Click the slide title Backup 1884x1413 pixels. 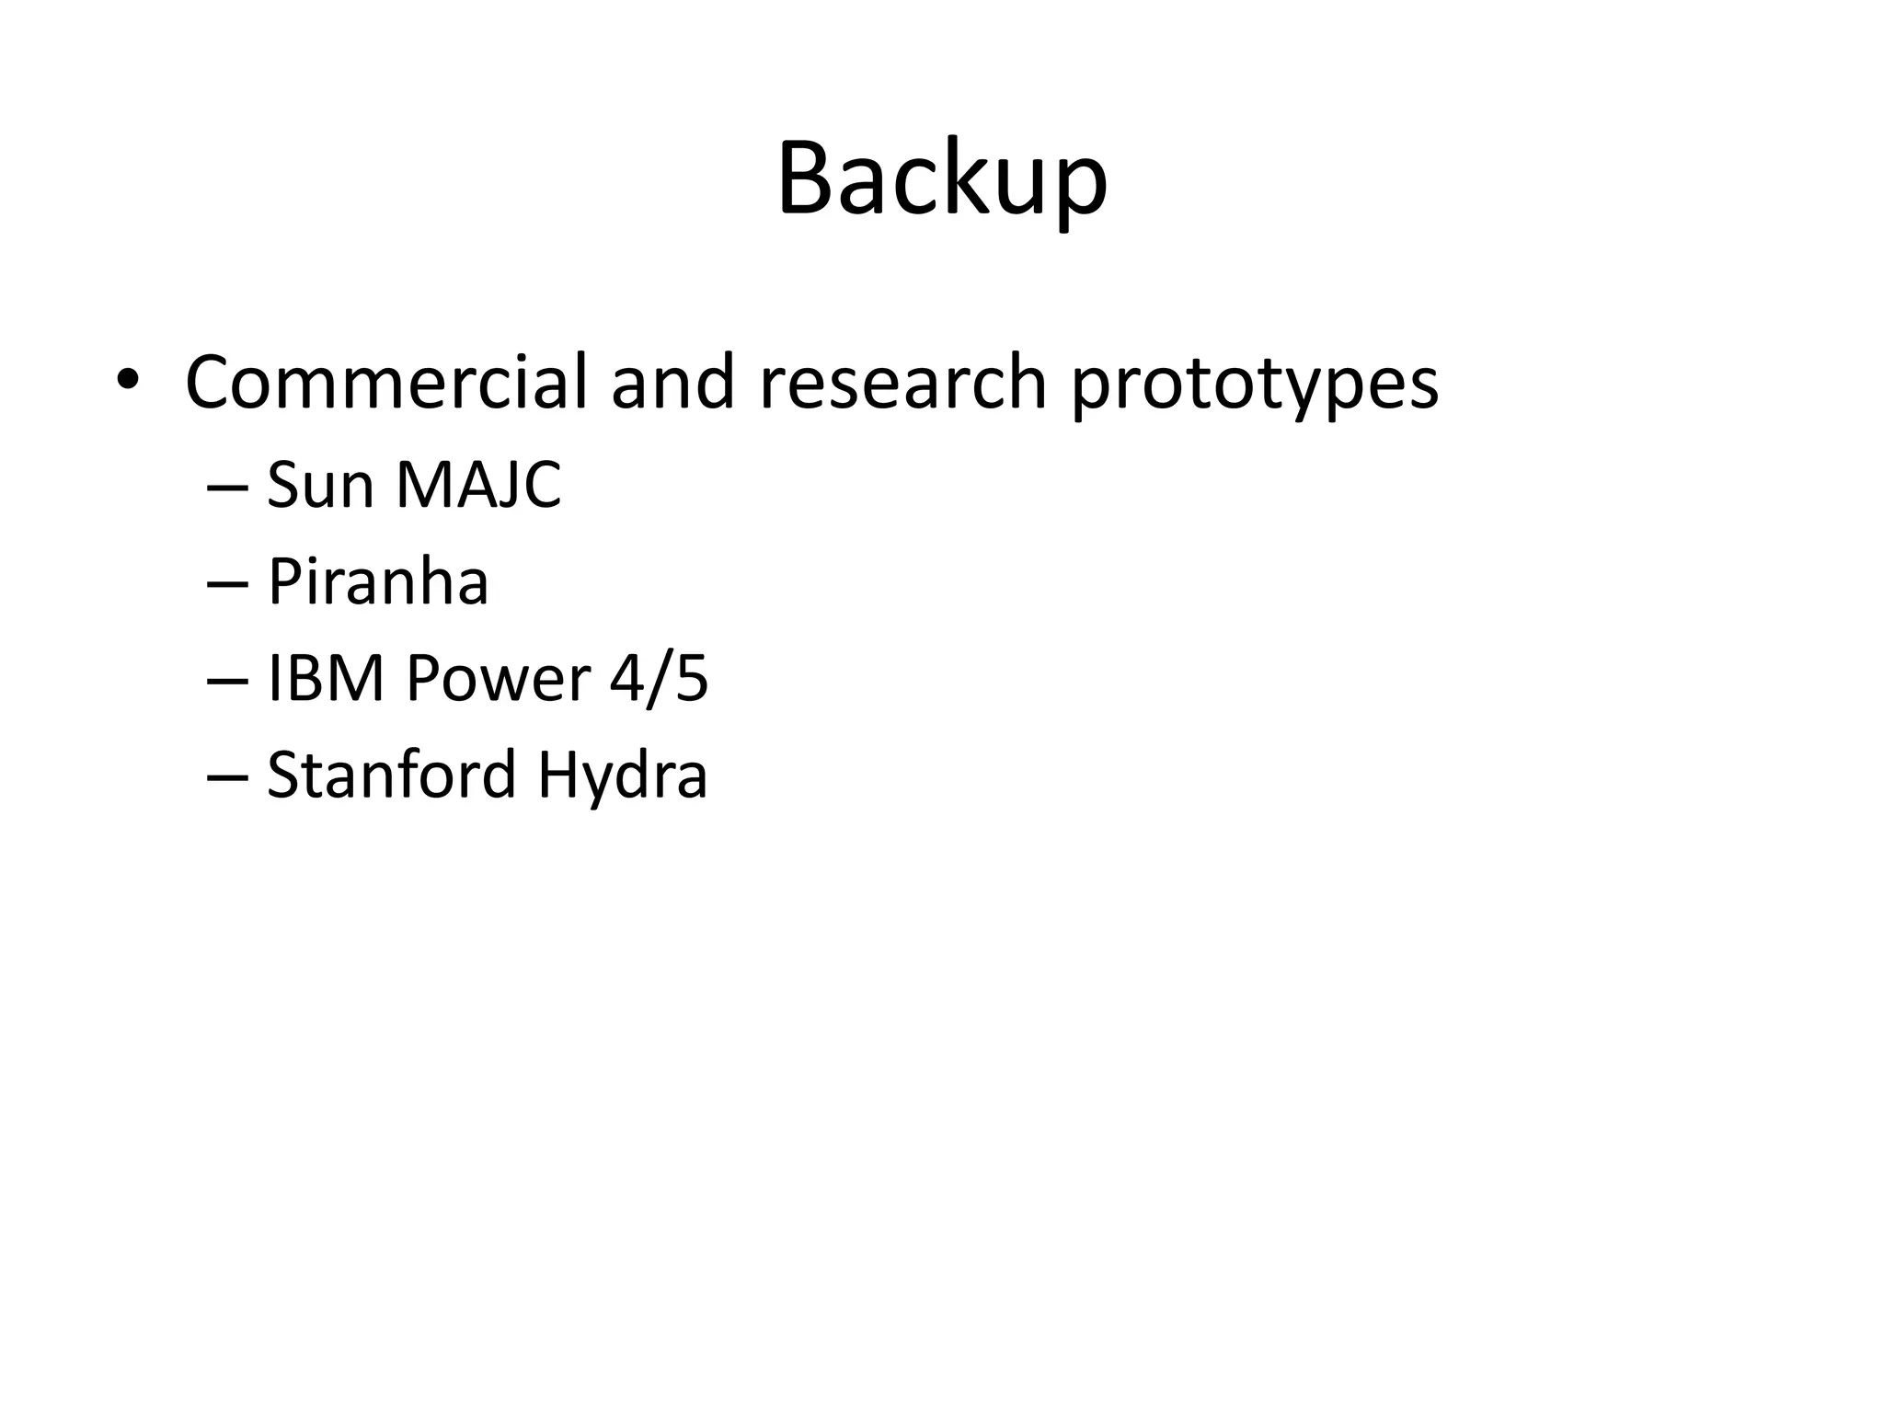pyautogui.click(x=942, y=179)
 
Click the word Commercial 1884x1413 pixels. pyautogui.click(x=385, y=382)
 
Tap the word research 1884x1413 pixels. pyautogui.click(x=903, y=382)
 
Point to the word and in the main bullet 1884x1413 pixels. pyautogui.click(x=672, y=382)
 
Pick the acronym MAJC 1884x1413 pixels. pyautogui.click(x=478, y=485)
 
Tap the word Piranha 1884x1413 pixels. pyautogui.click(x=378, y=582)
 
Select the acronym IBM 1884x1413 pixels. pyautogui.click(x=326, y=679)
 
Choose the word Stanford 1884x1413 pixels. pyautogui.click(x=391, y=775)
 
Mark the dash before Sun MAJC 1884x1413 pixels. pyautogui.click(x=228, y=488)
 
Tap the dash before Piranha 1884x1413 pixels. pyautogui.click(x=228, y=585)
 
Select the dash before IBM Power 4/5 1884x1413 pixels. pyautogui.click(x=228, y=682)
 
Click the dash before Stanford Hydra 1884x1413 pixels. pyautogui.click(x=228, y=778)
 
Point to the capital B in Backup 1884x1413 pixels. pyautogui.click(x=808, y=179)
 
